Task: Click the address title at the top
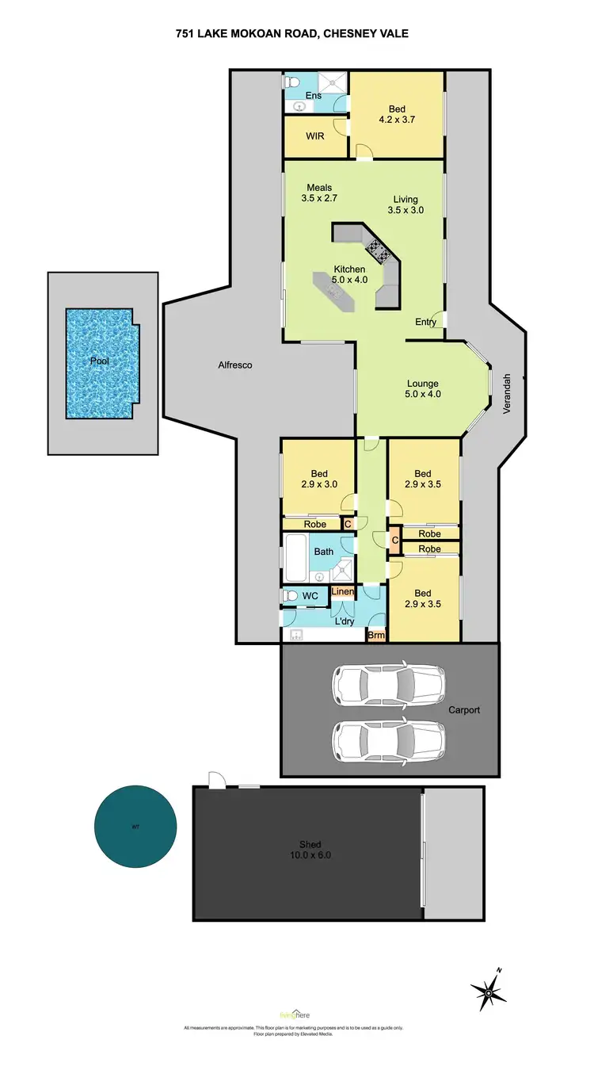click(297, 33)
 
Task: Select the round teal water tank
click(135, 827)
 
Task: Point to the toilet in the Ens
click(292, 82)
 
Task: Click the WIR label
click(314, 136)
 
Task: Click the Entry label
click(425, 323)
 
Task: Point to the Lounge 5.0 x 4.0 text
click(422, 388)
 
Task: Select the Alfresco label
click(235, 365)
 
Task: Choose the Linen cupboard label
click(342, 592)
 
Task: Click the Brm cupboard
click(375, 635)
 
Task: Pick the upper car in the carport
click(387, 682)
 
